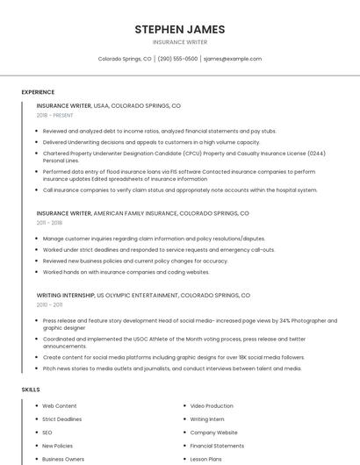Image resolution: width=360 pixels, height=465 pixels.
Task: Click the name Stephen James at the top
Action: click(179, 29)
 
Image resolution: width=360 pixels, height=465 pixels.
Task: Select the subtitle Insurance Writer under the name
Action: click(179, 41)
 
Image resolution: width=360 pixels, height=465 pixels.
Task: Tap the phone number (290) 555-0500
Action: click(177, 59)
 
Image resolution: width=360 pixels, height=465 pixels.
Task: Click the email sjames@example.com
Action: click(232, 59)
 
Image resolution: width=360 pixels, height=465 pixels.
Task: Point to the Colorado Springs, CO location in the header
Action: click(125, 59)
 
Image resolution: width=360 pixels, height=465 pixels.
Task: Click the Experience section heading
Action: click(38, 92)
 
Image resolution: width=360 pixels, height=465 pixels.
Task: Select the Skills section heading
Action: click(31, 389)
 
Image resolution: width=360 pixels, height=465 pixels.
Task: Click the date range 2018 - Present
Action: click(54, 115)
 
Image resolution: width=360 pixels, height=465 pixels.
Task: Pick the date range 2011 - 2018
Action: click(49, 223)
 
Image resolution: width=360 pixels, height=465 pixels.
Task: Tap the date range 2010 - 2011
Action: click(49, 305)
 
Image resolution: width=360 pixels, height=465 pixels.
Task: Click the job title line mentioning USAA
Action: click(108, 105)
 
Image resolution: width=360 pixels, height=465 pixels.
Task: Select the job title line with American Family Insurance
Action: click(142, 213)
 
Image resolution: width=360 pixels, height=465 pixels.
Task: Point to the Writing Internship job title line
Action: click(143, 296)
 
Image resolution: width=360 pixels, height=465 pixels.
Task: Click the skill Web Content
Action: click(60, 406)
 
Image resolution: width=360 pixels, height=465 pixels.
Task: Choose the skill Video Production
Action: click(212, 406)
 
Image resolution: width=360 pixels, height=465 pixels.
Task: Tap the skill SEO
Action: click(47, 433)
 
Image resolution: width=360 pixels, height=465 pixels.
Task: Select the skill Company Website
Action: click(213, 433)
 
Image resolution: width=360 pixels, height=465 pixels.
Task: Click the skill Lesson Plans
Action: click(207, 459)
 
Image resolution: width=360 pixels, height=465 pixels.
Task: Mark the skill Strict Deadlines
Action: click(63, 419)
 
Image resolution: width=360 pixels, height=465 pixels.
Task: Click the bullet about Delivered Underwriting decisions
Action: click(151, 142)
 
